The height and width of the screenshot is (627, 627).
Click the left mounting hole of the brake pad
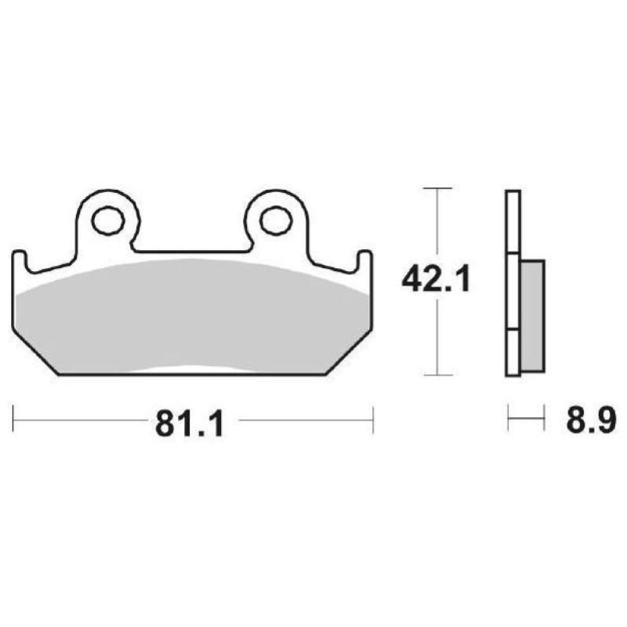pyautogui.click(x=107, y=221)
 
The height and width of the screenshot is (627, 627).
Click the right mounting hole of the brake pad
pyautogui.click(x=275, y=221)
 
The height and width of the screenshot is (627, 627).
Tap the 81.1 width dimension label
pyautogui.click(x=190, y=424)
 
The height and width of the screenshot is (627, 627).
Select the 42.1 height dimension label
pyautogui.click(x=436, y=279)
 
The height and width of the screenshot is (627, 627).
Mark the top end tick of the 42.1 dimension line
pyautogui.click(x=437, y=189)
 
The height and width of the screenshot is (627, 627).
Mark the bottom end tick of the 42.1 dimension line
pyautogui.click(x=437, y=375)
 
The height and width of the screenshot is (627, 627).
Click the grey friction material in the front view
pyautogui.click(x=192, y=313)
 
